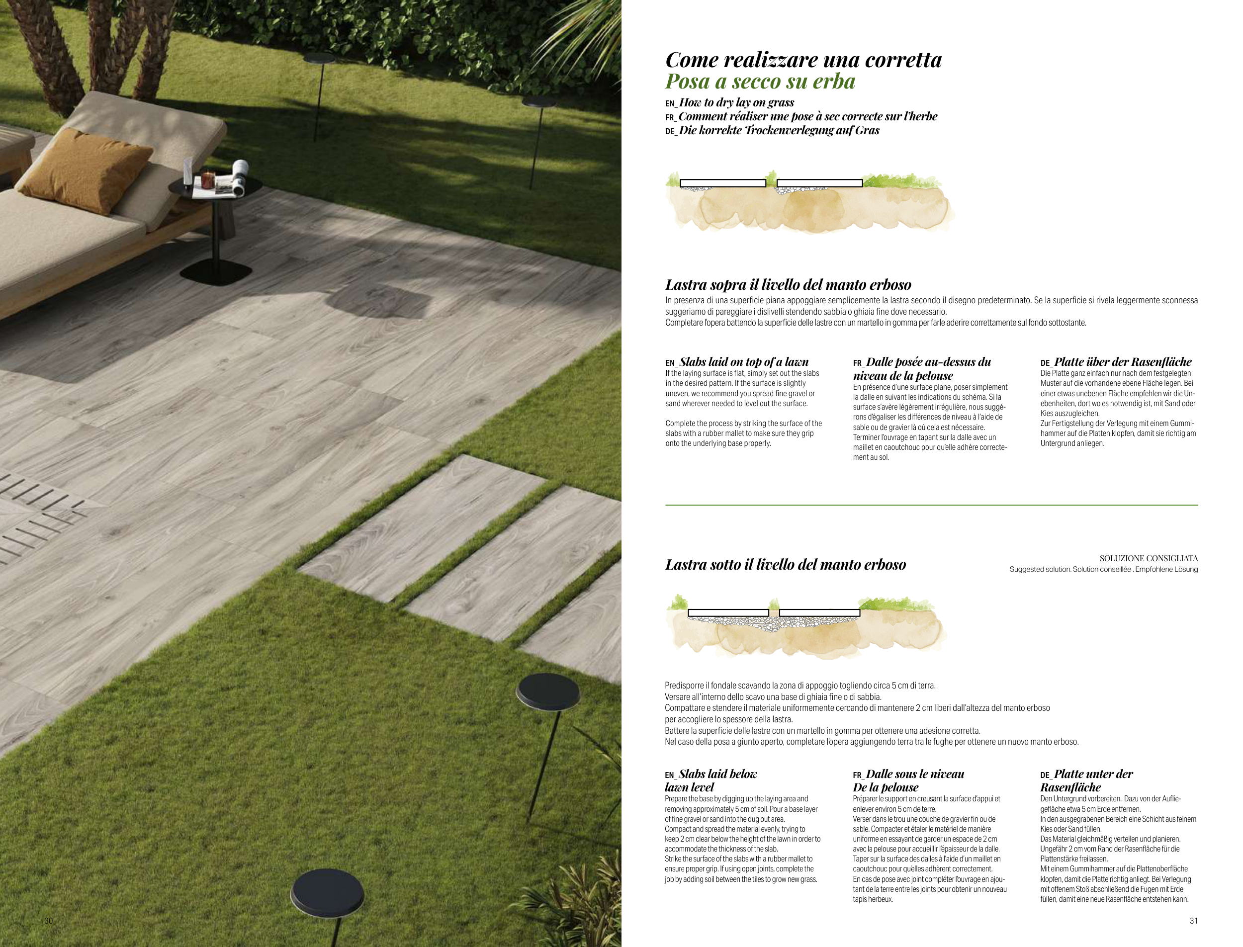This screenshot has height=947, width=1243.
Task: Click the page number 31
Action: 1193,921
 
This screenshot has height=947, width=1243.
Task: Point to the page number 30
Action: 49,921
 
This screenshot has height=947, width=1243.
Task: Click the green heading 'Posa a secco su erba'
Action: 760,82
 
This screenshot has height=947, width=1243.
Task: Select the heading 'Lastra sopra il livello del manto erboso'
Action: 788,285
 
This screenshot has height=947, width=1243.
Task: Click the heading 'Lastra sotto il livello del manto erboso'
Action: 785,564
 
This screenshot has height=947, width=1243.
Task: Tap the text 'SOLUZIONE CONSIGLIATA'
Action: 1149,559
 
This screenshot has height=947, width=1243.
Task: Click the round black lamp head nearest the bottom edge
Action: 327,892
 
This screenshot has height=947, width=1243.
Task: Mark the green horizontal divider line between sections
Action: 931,505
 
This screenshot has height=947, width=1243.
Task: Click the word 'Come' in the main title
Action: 691,60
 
